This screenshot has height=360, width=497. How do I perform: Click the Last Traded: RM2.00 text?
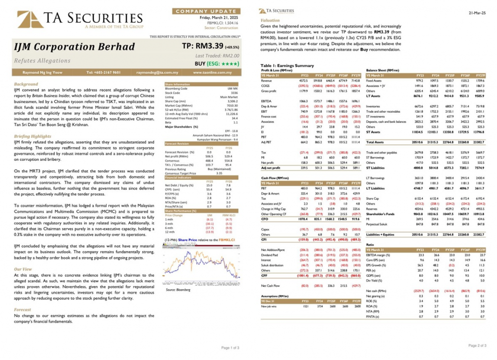pyautogui.click(x=221, y=56)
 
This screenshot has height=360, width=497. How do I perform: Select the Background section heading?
pyautogui.click(x=26, y=84)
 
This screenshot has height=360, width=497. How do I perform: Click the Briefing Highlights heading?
pyautogui.click(x=33, y=137)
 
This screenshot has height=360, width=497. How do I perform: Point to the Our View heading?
pyautogui.click(x=23, y=269)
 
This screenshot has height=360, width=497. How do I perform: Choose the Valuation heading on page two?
pyautogui.click(x=270, y=20)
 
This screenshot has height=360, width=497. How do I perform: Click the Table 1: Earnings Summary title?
pyautogui.click(x=287, y=65)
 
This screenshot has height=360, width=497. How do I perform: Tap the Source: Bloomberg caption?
pyautogui.click(x=177, y=290)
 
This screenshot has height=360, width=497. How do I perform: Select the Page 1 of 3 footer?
pyautogui.click(x=230, y=348)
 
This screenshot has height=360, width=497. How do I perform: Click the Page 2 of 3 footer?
pyautogui.click(x=477, y=345)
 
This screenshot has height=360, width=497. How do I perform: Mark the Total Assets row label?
pyautogui.click(x=376, y=142)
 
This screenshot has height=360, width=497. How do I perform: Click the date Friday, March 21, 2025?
pyautogui.click(x=219, y=17)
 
